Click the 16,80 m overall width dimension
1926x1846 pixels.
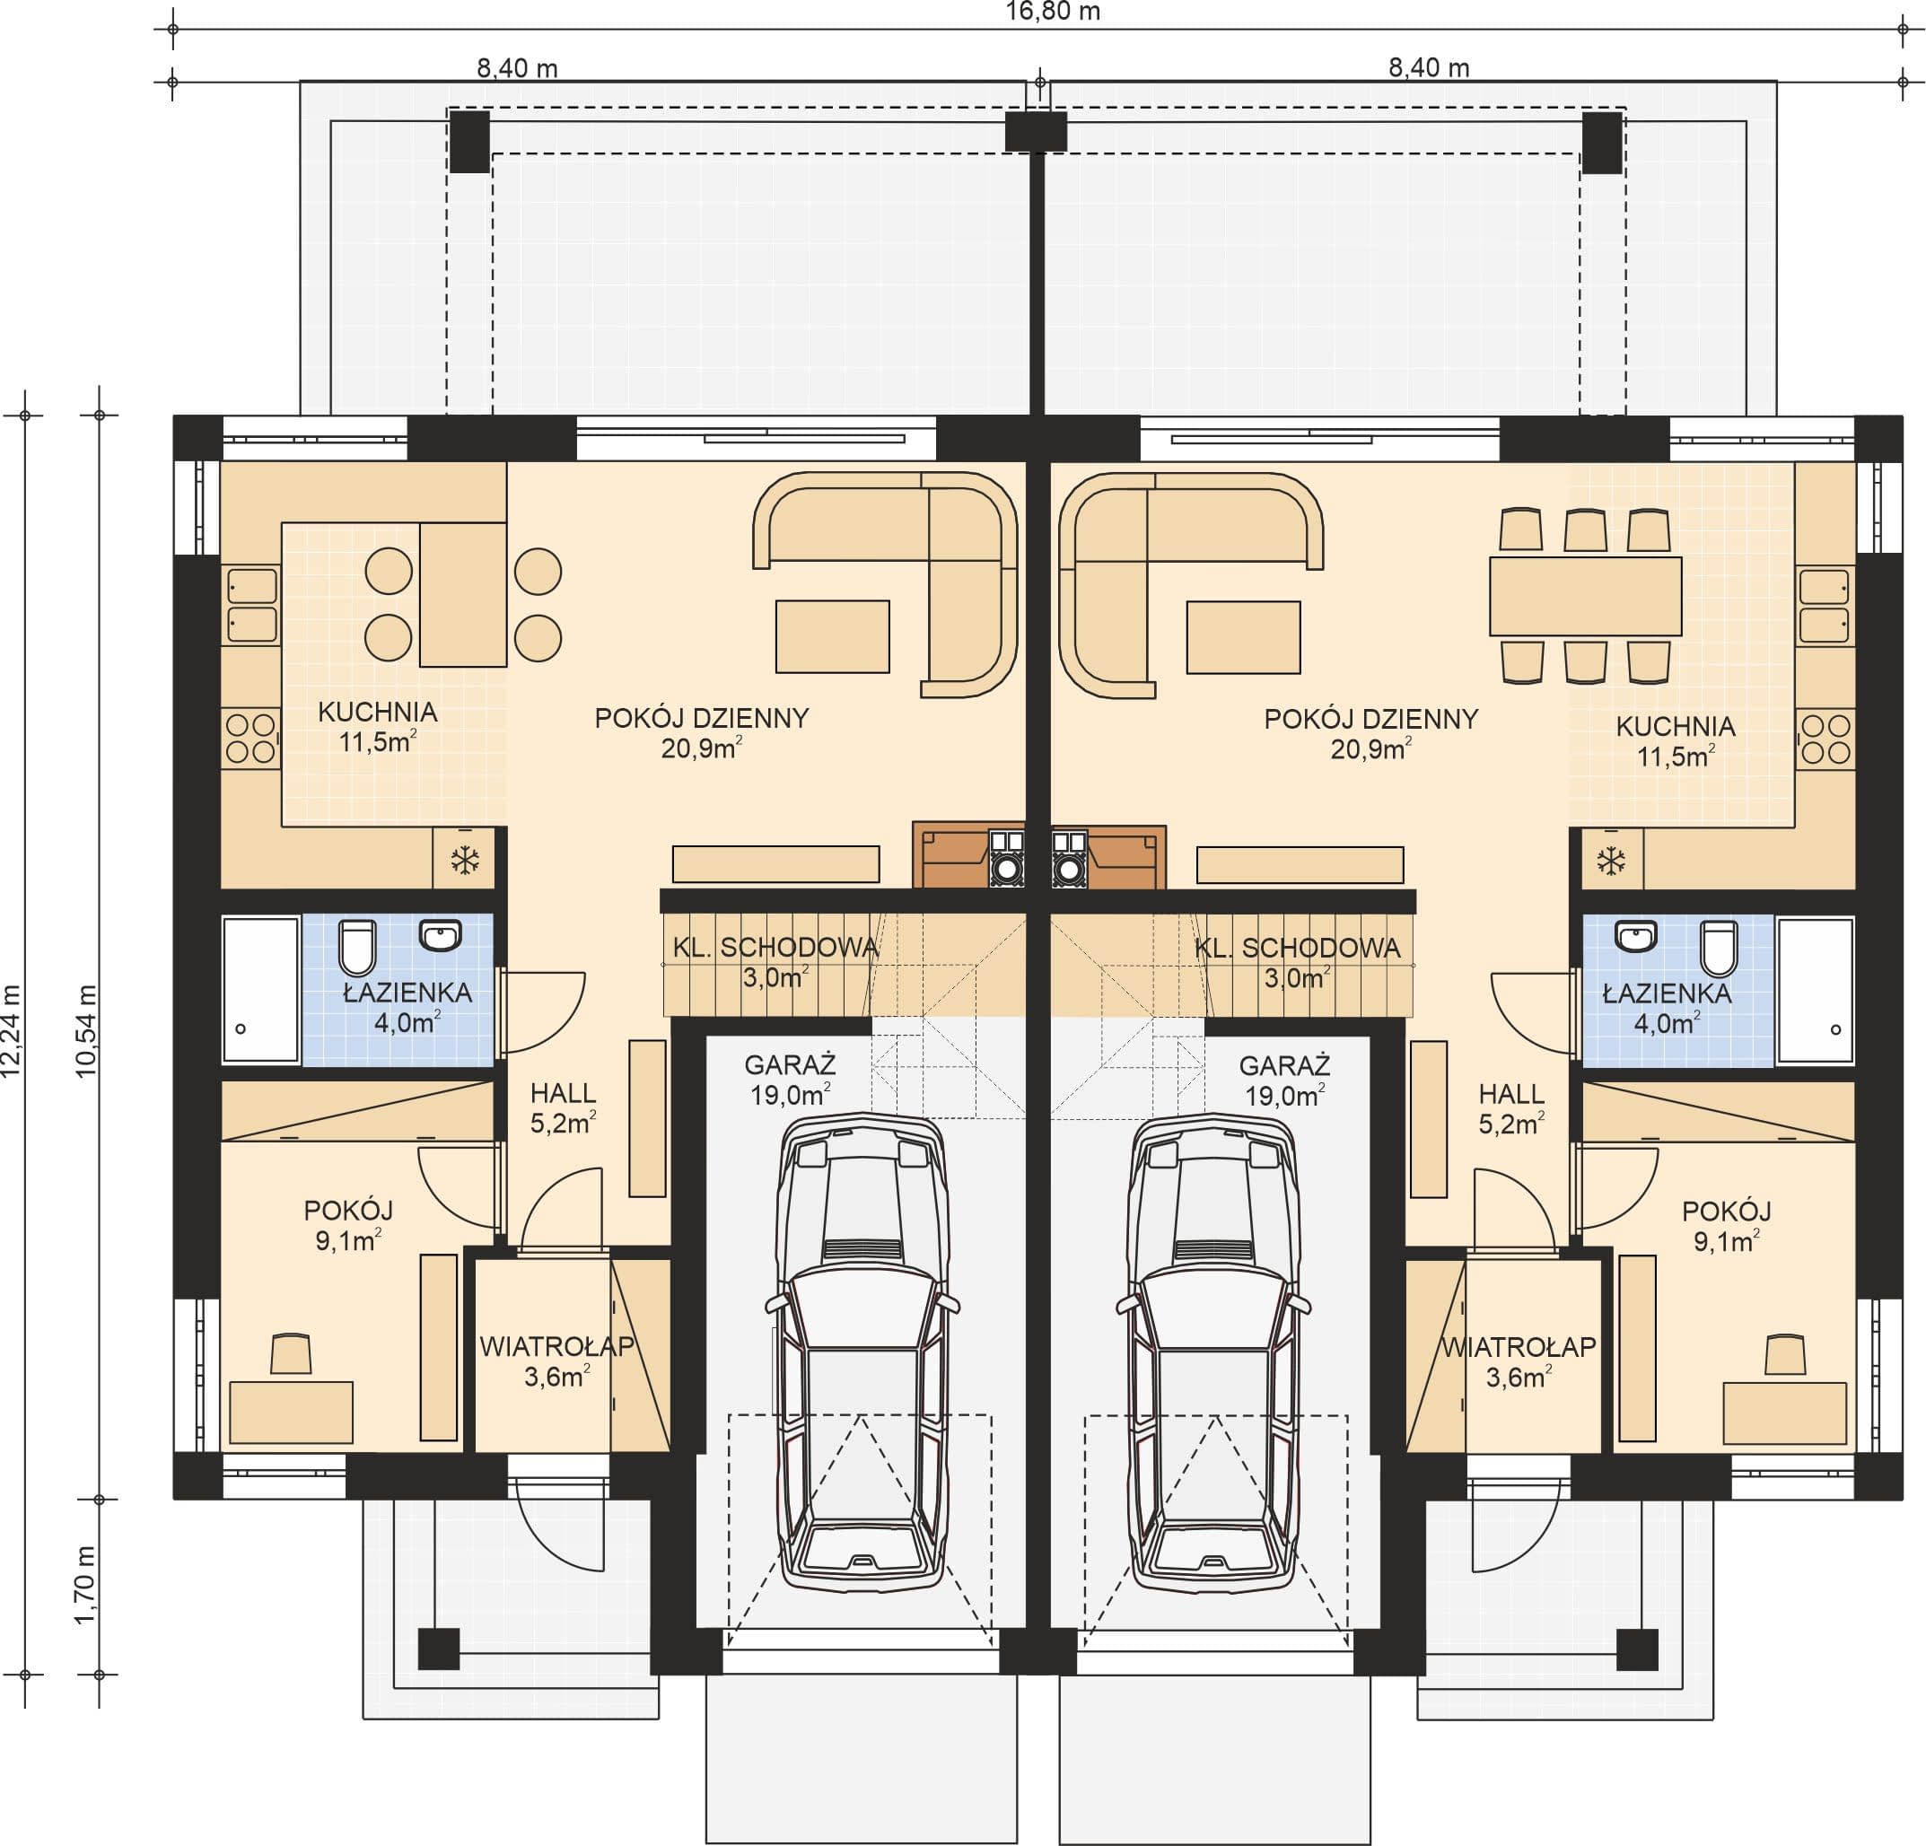[1053, 12]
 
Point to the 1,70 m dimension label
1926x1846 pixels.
[86, 1586]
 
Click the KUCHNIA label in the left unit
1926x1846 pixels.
[377, 713]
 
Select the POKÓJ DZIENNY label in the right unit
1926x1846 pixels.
[1370, 719]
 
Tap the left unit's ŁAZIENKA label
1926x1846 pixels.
[407, 993]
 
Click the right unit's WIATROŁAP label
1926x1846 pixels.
[1519, 1347]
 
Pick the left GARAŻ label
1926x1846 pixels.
[790, 1065]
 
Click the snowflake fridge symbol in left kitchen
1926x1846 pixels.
[465, 861]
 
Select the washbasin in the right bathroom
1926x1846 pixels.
[1635, 936]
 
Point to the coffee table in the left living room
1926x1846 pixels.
[832, 636]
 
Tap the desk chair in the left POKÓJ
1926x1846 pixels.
[291, 1354]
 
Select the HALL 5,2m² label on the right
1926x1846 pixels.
[1511, 1109]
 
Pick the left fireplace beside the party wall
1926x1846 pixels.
[969, 854]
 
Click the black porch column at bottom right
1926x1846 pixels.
[1637, 1649]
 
